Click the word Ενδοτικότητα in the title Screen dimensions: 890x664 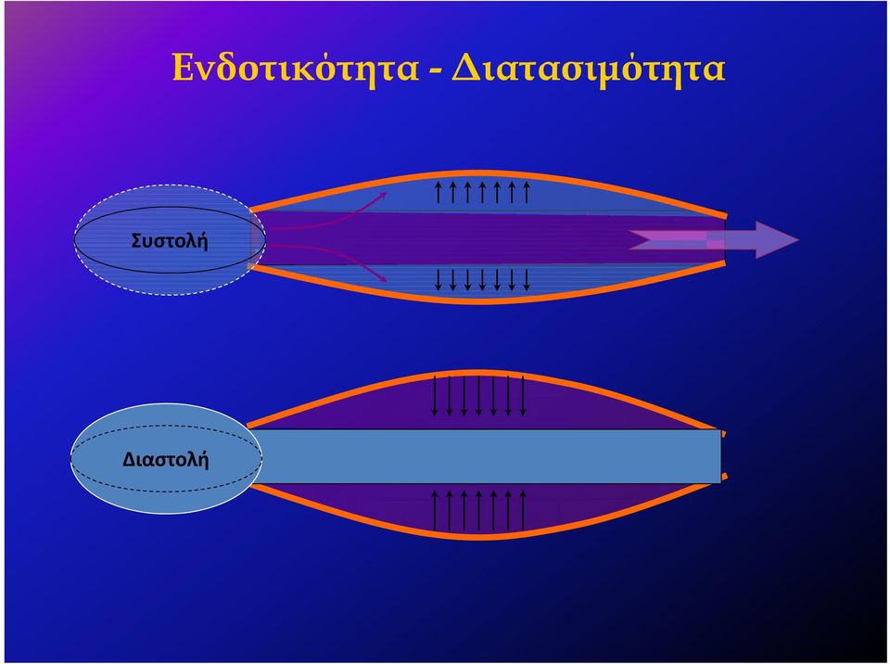[x=296, y=67]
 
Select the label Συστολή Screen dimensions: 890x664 [x=169, y=240]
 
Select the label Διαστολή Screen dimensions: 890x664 [x=166, y=458]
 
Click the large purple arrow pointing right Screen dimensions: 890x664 [x=714, y=239]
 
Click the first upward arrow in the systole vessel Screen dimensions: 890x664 [x=439, y=193]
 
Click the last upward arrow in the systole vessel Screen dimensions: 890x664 [x=527, y=193]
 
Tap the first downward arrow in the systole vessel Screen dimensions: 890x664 [x=439, y=280]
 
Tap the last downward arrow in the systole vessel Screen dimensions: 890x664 [x=527, y=280]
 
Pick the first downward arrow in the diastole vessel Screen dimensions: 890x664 [x=435, y=395]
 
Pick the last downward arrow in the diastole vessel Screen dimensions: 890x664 [x=523, y=395]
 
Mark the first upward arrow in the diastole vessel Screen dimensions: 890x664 [x=435, y=511]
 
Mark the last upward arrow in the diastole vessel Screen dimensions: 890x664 [x=523, y=511]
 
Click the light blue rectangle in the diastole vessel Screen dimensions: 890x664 [x=489, y=456]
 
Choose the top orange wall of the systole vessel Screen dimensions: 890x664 [x=482, y=172]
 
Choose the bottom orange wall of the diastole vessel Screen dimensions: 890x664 [x=482, y=535]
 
